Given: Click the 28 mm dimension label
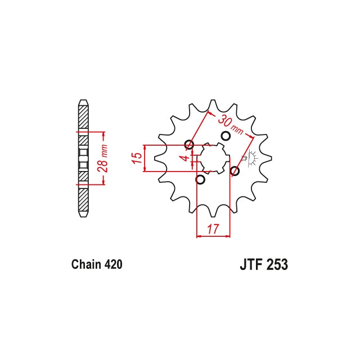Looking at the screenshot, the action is click(x=102, y=159).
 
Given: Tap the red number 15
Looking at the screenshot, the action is click(x=137, y=158).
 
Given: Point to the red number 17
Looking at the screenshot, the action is click(x=213, y=229).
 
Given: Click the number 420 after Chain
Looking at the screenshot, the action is click(x=113, y=264).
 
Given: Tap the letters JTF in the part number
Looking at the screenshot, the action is click(x=251, y=265).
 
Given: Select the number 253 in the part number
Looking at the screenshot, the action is click(x=277, y=265).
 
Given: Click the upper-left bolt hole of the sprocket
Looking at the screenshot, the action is click(x=189, y=145).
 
